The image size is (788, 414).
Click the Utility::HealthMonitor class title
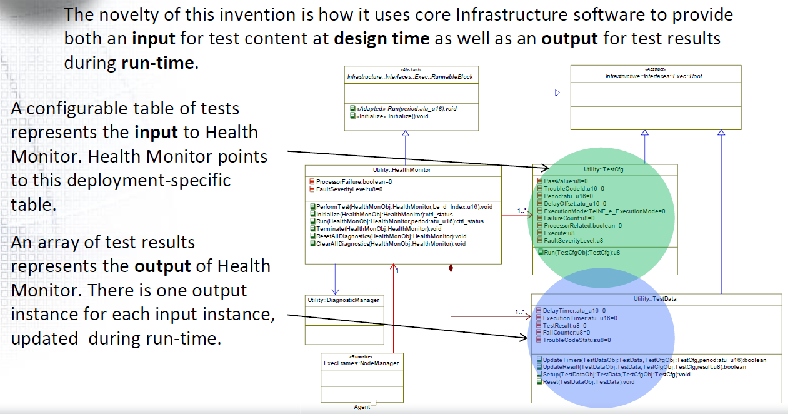click(x=403, y=169)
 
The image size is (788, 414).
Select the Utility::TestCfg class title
click(x=604, y=169)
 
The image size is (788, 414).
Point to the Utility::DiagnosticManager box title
click(x=343, y=300)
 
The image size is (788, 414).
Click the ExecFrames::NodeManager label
click(x=361, y=363)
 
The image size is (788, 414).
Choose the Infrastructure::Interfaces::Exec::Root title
click(x=654, y=76)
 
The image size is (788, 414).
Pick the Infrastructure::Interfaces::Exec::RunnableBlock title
click(x=409, y=77)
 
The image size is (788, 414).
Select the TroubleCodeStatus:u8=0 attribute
click(x=576, y=340)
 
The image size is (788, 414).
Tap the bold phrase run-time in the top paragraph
click(x=156, y=63)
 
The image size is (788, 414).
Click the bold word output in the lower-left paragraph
click(x=162, y=266)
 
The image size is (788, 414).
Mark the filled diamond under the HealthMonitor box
click(x=450, y=270)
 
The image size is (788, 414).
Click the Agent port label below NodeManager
click(x=362, y=407)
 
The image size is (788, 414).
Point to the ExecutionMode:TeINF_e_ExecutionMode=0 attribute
click(x=604, y=211)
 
